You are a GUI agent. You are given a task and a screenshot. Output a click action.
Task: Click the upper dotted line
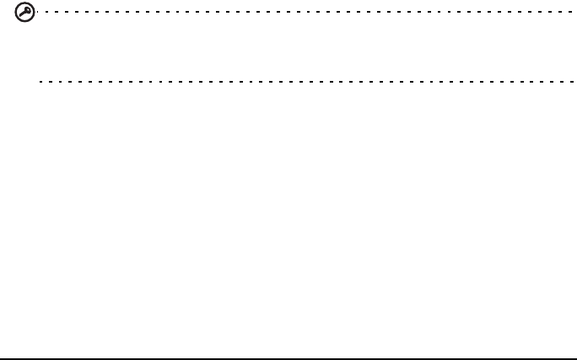point(253,13)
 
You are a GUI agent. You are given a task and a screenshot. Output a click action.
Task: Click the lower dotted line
point(253,82)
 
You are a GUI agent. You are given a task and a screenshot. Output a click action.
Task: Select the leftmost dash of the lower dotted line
point(41,82)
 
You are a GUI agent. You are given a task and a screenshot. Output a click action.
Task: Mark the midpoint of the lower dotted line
point(306,82)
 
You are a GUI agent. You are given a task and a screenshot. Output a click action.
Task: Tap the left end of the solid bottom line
point(2,357)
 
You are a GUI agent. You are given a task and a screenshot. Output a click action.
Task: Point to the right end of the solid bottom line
point(574,357)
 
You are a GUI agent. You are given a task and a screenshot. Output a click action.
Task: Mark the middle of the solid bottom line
point(288,357)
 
